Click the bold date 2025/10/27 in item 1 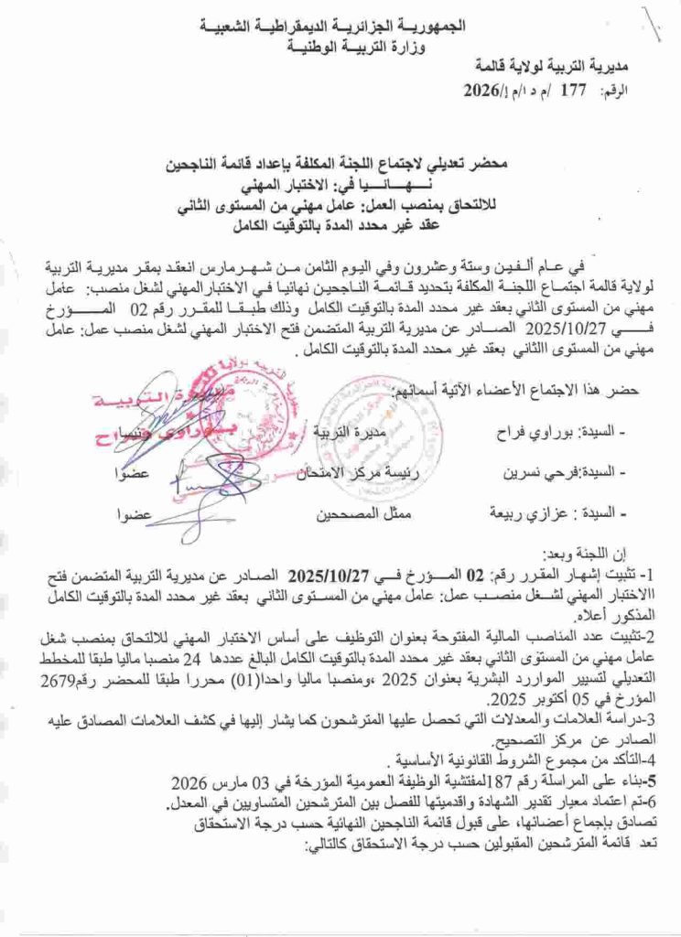(327, 576)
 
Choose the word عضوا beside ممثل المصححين (130, 514)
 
